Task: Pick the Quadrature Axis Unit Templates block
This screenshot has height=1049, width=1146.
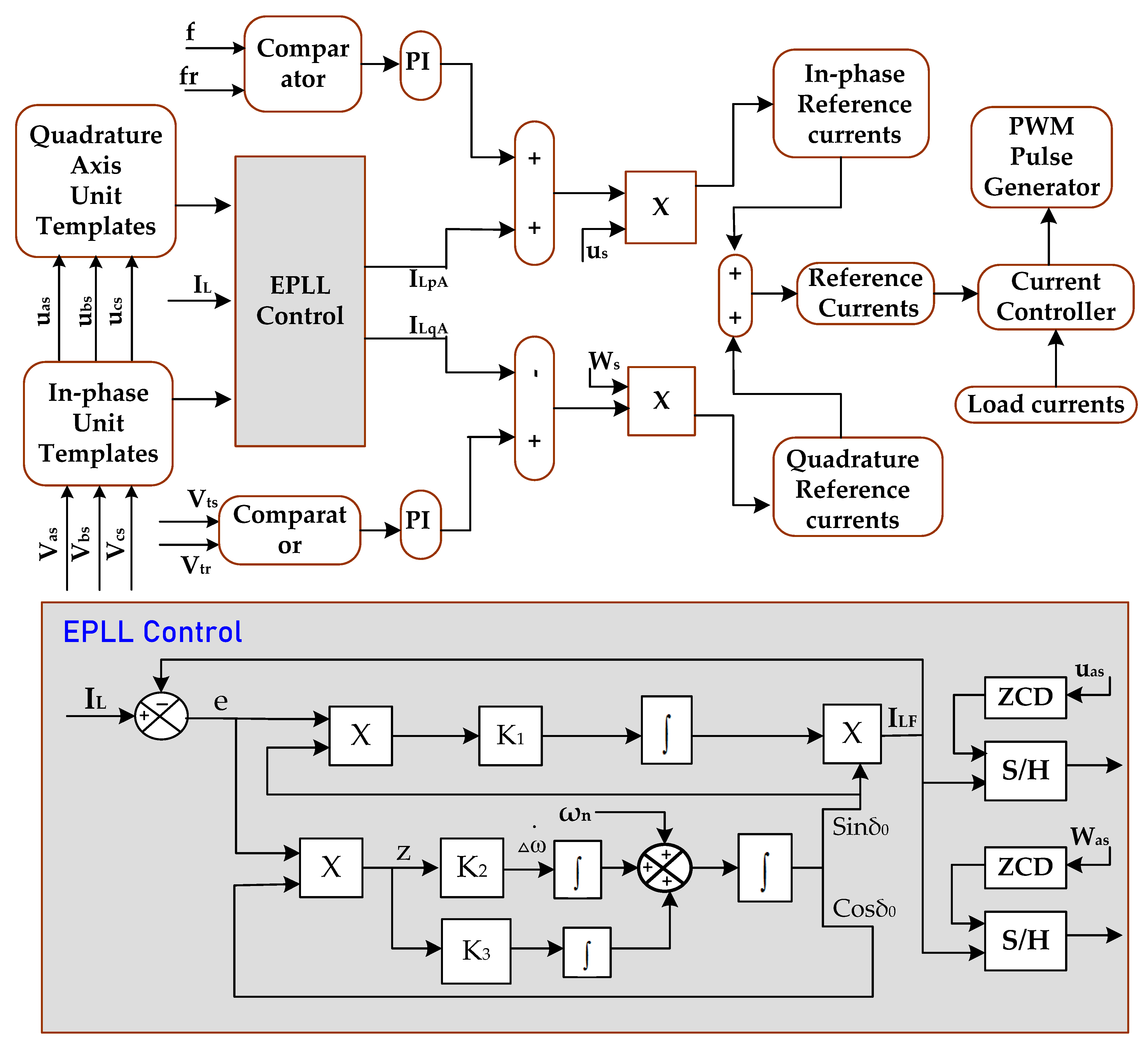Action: (x=95, y=181)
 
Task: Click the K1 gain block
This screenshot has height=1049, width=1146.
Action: (x=510, y=736)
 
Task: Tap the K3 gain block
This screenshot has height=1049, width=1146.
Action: (x=476, y=951)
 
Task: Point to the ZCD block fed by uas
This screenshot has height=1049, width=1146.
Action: (x=1025, y=697)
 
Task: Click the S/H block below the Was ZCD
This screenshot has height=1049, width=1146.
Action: (x=1025, y=940)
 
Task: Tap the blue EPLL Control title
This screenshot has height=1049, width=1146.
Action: (x=152, y=632)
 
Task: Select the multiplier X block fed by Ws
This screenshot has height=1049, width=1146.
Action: (x=661, y=401)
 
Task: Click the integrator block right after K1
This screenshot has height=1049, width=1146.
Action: (x=666, y=730)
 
